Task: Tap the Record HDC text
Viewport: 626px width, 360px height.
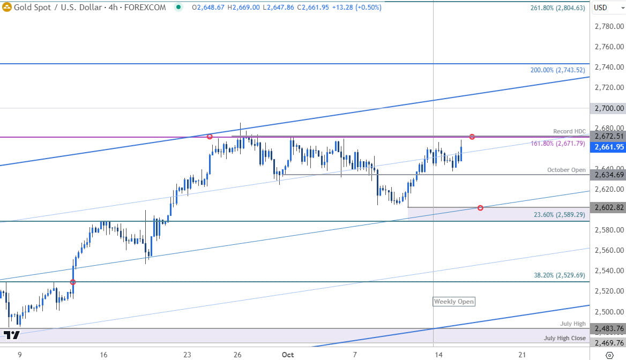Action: (x=570, y=131)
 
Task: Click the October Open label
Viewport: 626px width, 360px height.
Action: (x=567, y=170)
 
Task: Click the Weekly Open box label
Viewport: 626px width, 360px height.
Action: (x=453, y=302)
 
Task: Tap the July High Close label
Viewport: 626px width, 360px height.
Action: (x=565, y=338)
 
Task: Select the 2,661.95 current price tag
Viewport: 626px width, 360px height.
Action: (x=608, y=147)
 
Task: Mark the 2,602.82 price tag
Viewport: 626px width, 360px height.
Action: (x=608, y=207)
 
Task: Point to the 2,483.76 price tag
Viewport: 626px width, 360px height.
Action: (x=608, y=328)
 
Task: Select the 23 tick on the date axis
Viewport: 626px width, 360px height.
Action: (x=187, y=355)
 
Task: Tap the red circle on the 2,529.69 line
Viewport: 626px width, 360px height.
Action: (x=73, y=282)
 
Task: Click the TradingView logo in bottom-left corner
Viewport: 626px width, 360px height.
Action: (x=11, y=335)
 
